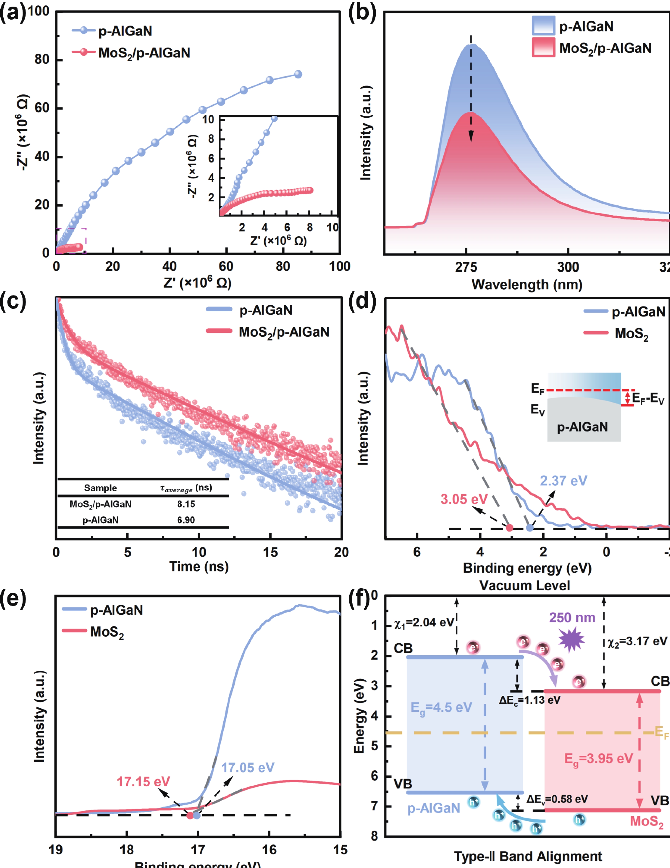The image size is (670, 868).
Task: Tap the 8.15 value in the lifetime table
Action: (x=186, y=504)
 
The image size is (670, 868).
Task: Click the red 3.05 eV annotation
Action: (x=464, y=499)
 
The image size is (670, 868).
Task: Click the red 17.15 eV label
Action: (x=143, y=782)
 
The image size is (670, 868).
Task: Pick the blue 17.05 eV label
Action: (x=248, y=767)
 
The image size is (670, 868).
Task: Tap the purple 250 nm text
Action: (x=572, y=618)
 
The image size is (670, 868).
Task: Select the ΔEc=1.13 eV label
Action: (x=529, y=700)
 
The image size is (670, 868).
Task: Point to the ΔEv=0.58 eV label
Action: (x=557, y=799)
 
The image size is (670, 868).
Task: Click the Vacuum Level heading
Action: (x=525, y=585)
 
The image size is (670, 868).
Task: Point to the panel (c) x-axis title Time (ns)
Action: (x=199, y=566)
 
